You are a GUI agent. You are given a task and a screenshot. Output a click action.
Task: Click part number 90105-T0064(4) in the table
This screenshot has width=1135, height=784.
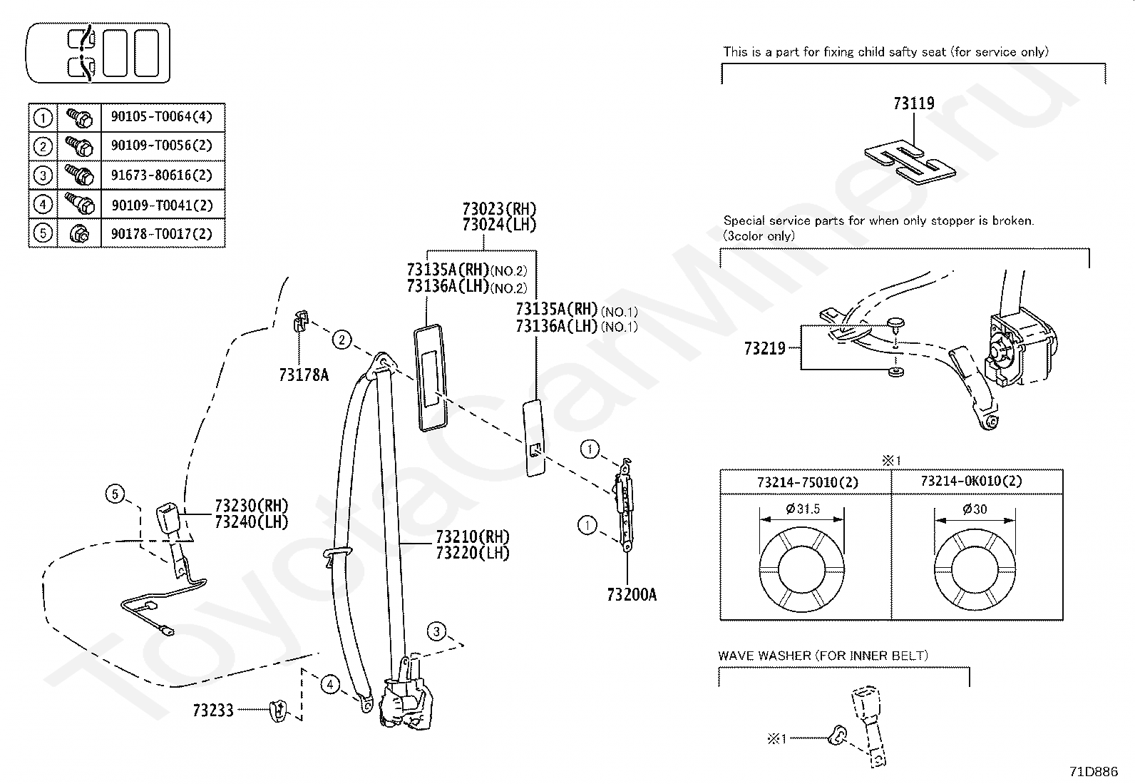162,117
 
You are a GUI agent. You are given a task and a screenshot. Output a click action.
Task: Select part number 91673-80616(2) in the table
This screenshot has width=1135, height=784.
162,175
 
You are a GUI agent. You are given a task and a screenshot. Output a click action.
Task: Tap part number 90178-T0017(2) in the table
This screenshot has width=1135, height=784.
162,234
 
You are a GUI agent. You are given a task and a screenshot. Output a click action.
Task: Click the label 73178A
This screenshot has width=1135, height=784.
304,375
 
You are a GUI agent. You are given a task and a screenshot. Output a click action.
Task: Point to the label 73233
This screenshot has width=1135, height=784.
212,711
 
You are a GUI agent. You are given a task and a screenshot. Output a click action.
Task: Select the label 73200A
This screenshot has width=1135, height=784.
632,594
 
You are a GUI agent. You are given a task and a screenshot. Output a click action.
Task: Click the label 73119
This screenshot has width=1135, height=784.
913,103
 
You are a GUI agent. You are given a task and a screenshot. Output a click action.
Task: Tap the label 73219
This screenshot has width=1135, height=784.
764,348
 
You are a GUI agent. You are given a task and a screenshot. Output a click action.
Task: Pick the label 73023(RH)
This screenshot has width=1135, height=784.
499,209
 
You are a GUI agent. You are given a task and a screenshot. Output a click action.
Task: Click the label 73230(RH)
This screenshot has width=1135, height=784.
251,506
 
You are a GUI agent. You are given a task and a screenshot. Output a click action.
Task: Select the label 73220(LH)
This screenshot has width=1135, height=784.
473,553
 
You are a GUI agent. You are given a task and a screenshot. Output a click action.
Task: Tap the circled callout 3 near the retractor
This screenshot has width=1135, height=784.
437,631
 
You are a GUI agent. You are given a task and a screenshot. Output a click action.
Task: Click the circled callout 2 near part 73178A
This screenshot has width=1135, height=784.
342,340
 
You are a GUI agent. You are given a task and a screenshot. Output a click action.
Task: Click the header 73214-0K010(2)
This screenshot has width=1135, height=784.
971,482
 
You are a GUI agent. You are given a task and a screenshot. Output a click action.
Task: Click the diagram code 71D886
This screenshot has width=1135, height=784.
1093,771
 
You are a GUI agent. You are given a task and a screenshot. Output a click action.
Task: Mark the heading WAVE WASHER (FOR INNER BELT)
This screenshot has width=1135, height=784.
823,655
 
